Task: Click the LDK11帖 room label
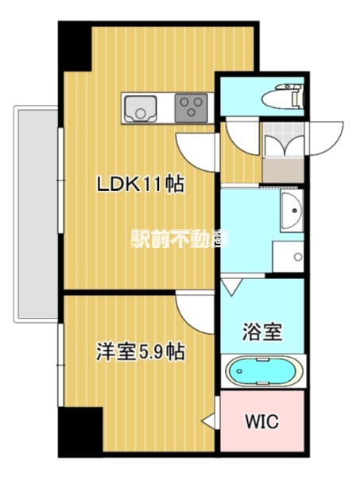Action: coord(140,184)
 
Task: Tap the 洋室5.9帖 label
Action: coord(140,351)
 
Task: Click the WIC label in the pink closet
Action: coord(261,421)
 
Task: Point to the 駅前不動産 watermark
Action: coord(180,238)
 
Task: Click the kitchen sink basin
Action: coord(141,108)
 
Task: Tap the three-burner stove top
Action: coord(191,108)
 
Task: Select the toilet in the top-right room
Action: coord(283,96)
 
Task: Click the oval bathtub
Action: coord(264,371)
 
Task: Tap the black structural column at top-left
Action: coord(75,46)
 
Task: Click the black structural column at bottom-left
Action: coord(80,432)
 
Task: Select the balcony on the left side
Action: coord(36,214)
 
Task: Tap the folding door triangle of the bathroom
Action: coord(232,286)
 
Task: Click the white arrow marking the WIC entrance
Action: coord(209,421)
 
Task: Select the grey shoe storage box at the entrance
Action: coord(283,170)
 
